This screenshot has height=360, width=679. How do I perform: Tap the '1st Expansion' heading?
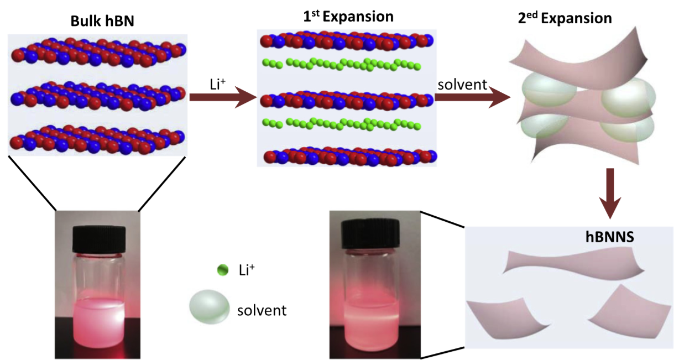(349, 17)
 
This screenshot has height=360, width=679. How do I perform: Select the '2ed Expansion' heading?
(561, 18)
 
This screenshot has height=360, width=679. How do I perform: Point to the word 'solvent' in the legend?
(262, 310)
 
